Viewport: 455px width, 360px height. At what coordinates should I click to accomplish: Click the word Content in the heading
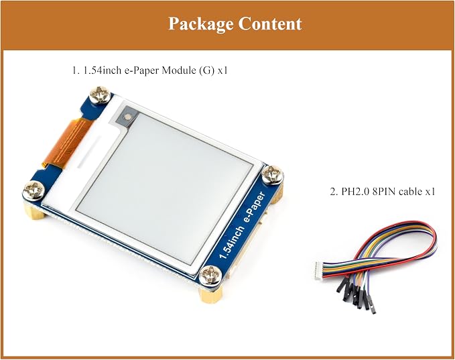pyautogui.click(x=270, y=23)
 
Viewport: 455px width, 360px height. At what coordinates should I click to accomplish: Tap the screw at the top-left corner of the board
pyautogui.click(x=100, y=95)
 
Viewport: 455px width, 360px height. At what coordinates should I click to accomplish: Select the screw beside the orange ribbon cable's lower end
pyautogui.click(x=34, y=190)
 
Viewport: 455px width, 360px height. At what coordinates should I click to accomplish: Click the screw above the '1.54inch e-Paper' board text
pyautogui.click(x=273, y=174)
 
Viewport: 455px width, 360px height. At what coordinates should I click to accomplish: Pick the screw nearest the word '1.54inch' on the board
pyautogui.click(x=210, y=275)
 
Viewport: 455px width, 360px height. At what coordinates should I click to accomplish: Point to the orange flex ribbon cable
pyautogui.click(x=66, y=142)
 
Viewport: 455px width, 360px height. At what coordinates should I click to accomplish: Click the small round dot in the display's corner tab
pyautogui.click(x=127, y=117)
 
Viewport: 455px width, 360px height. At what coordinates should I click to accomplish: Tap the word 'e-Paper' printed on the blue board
pyautogui.click(x=255, y=207)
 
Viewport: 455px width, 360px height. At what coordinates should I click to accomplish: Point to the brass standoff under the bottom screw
pyautogui.click(x=210, y=294)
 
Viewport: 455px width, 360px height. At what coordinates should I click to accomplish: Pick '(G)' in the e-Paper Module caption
pyautogui.click(x=206, y=70)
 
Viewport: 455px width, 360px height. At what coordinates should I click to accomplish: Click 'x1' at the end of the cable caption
pyautogui.click(x=430, y=192)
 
